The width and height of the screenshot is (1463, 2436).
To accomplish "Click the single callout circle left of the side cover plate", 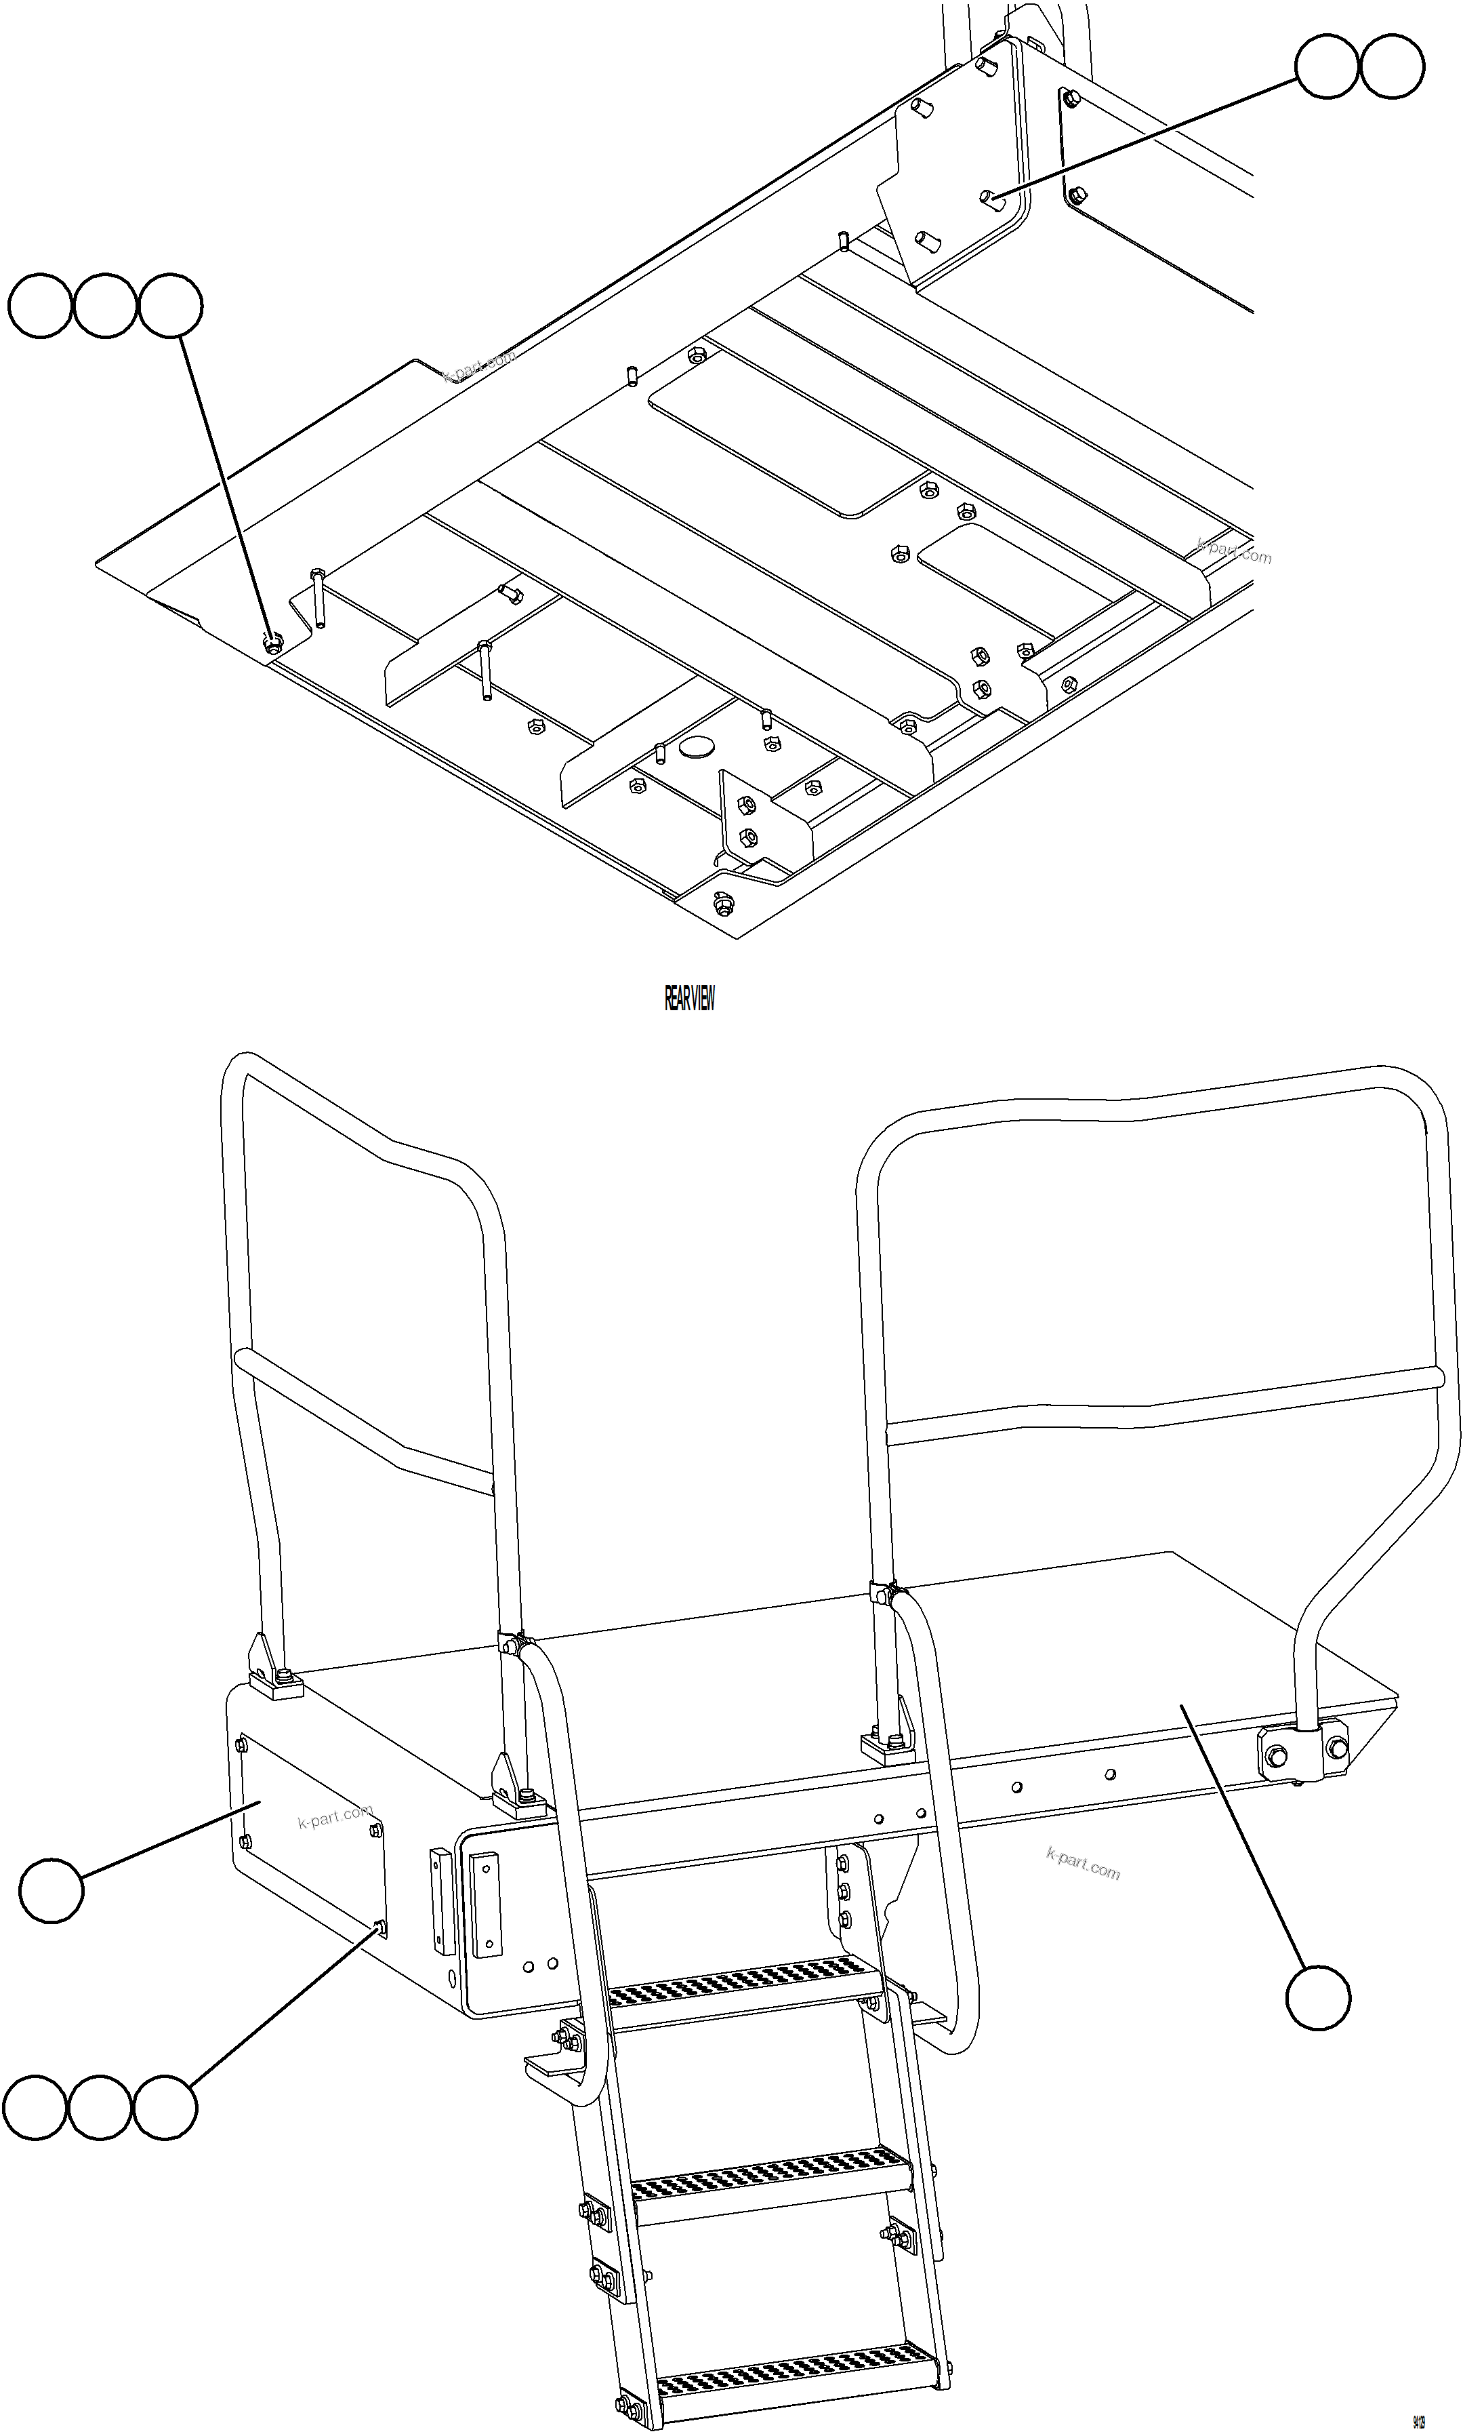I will (x=51, y=1891).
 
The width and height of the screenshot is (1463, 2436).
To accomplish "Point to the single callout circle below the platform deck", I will (x=1318, y=1997).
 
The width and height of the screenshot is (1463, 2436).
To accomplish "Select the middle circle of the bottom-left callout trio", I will (x=100, y=2108).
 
